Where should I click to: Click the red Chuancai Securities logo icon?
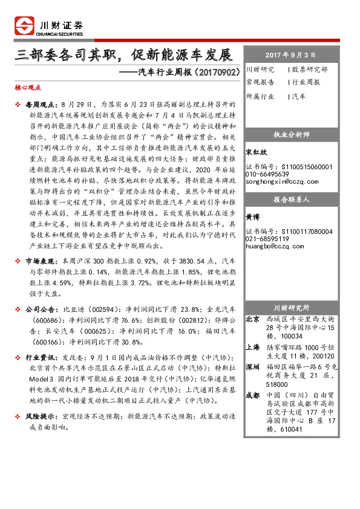point(24,26)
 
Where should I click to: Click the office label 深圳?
point(254,366)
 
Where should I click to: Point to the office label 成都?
point(254,396)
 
